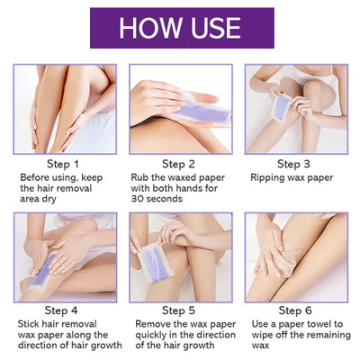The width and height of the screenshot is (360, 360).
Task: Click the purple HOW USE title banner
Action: point(180,27)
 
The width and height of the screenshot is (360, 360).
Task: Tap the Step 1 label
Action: point(64,164)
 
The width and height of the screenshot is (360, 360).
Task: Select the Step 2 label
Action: point(179,164)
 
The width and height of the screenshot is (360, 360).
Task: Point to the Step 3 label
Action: point(294,164)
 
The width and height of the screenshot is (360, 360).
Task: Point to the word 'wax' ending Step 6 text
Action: point(261,347)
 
